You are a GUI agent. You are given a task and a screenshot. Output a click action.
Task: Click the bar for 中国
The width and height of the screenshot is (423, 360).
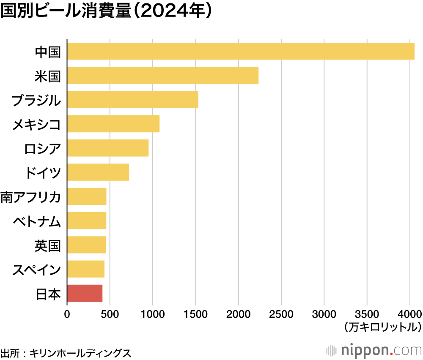[x=241, y=51]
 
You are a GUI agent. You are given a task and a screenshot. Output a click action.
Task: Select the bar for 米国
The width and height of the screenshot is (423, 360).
[x=162, y=75]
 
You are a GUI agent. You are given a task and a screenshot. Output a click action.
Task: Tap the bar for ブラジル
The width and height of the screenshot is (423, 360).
[x=132, y=100]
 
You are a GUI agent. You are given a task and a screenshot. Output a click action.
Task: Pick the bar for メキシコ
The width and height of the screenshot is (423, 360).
[x=113, y=124]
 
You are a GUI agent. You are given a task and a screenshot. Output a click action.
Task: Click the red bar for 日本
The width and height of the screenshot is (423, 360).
[x=85, y=293]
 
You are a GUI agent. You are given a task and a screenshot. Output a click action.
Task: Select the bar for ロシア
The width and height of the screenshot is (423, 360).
[x=107, y=148]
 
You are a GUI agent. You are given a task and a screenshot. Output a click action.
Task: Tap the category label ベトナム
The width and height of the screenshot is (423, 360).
[x=37, y=221]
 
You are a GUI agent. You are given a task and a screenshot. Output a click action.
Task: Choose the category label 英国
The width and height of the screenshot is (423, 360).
[x=48, y=245]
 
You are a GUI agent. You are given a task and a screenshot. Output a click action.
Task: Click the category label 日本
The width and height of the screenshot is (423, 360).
[x=48, y=294]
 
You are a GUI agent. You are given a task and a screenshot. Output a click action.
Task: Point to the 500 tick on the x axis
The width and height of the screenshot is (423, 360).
[x=110, y=314]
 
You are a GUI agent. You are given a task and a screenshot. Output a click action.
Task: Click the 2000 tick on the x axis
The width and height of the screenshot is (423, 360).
[x=238, y=314]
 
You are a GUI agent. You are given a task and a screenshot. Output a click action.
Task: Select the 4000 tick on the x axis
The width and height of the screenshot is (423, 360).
[x=409, y=314]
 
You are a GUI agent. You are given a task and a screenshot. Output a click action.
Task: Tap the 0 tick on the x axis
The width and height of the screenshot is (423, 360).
[x=67, y=314]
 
